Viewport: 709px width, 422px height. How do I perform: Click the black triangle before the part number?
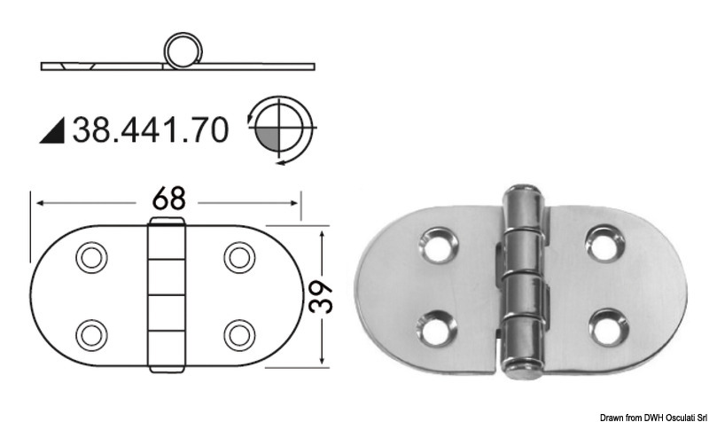click(52, 131)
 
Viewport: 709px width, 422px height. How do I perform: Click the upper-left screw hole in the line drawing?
click(90, 258)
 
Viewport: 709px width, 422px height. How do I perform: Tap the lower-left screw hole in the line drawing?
click(90, 334)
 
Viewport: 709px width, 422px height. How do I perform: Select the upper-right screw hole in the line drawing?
click(238, 258)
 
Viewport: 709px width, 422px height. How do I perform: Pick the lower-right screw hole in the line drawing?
click(238, 334)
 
